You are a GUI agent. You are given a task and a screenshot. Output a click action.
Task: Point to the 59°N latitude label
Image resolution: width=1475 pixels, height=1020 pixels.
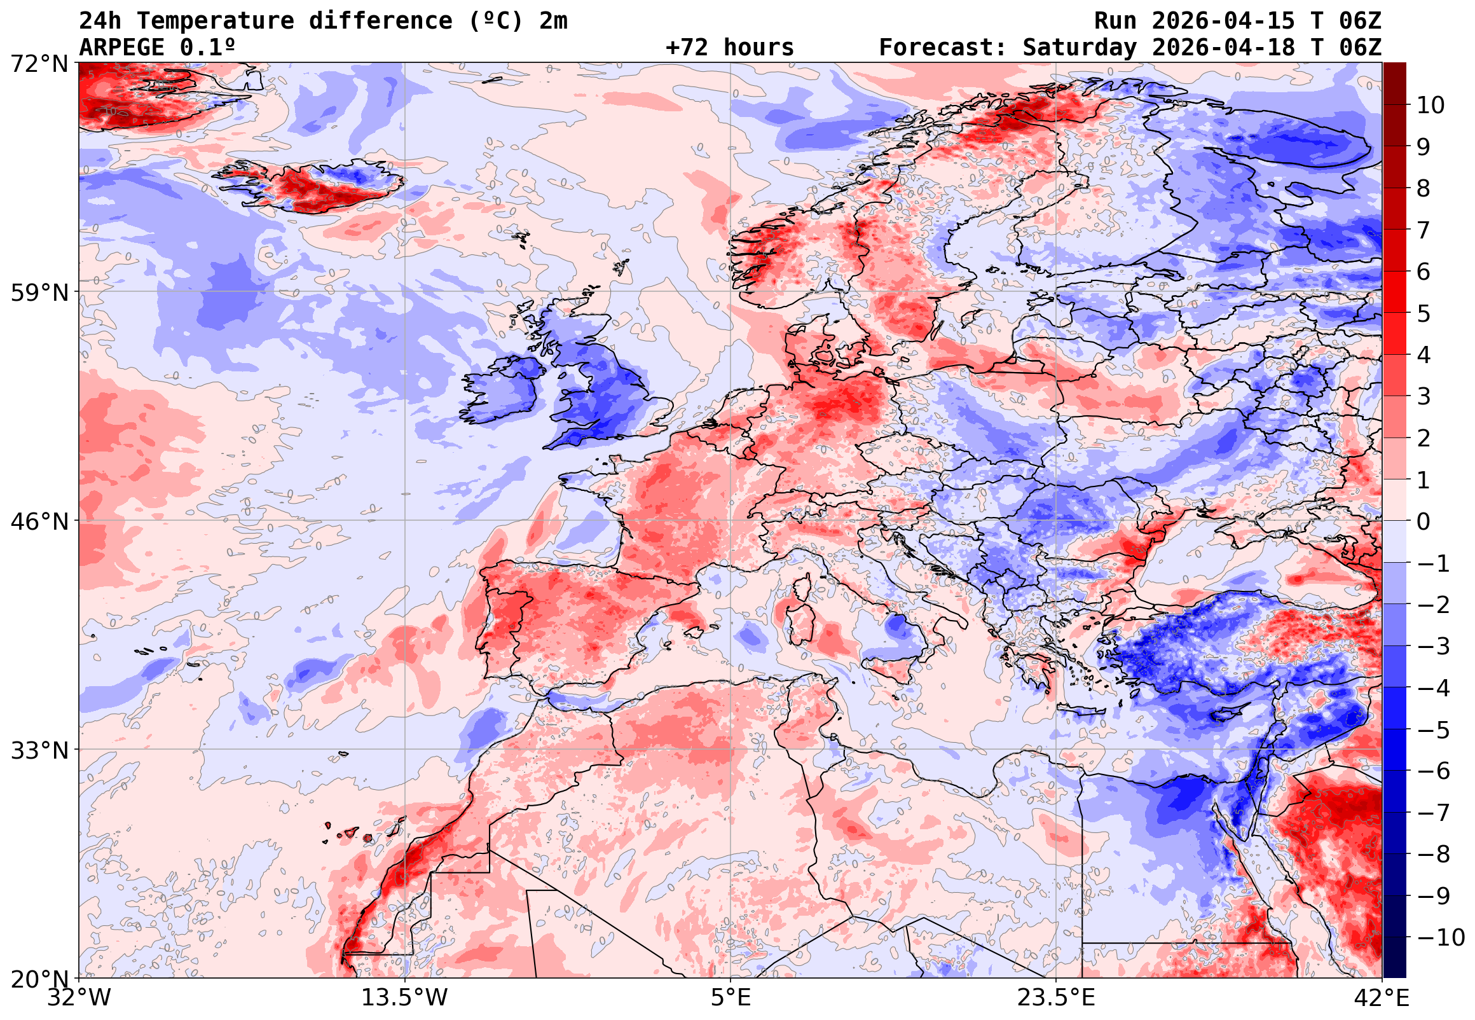(x=39, y=293)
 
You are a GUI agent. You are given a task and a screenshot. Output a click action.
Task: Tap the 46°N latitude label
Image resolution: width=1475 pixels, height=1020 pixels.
(x=39, y=521)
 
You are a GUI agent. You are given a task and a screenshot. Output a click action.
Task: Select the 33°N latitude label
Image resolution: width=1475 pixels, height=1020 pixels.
(x=39, y=750)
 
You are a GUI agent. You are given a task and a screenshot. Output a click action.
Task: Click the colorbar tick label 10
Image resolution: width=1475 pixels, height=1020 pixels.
(x=1430, y=105)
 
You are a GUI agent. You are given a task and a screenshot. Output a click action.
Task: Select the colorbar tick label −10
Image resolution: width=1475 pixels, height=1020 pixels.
(x=1441, y=937)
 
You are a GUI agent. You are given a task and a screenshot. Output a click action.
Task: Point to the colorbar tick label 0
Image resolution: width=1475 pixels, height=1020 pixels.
(x=1423, y=521)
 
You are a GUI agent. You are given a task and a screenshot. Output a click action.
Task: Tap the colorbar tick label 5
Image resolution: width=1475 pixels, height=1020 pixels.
(x=1423, y=314)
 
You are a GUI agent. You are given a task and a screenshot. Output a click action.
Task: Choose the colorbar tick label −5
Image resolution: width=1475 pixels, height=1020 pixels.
(x=1434, y=730)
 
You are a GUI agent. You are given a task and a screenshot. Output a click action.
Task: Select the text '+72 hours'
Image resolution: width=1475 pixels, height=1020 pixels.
(x=729, y=47)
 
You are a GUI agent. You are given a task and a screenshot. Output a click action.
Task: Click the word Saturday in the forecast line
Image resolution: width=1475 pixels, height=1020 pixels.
(x=1079, y=47)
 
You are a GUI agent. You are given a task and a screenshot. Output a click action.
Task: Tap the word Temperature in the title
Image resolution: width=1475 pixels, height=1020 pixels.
(x=215, y=21)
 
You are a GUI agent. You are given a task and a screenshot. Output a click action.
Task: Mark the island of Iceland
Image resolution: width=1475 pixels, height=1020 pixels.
(x=313, y=185)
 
